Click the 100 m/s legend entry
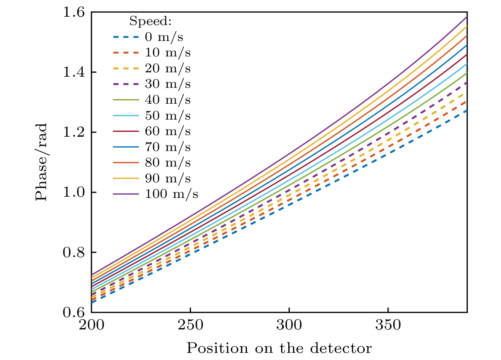click(x=172, y=194)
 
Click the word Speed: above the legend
click(x=150, y=22)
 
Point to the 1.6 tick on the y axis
click(x=74, y=13)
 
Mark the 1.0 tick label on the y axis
click(x=74, y=193)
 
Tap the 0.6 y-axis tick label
click(x=74, y=312)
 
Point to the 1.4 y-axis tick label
click(x=74, y=73)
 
